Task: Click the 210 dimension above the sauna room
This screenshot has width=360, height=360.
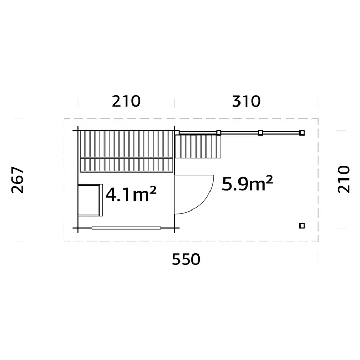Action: (x=126, y=101)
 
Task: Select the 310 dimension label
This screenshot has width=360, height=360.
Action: (x=246, y=101)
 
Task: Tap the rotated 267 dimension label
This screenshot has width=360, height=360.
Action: (x=18, y=180)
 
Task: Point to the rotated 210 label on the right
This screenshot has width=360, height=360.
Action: (x=343, y=179)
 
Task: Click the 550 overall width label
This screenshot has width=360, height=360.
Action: (x=186, y=260)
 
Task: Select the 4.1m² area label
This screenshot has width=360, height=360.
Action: (x=131, y=194)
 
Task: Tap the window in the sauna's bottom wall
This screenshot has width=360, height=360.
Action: (x=126, y=228)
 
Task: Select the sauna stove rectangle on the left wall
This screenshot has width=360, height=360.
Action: (x=90, y=200)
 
